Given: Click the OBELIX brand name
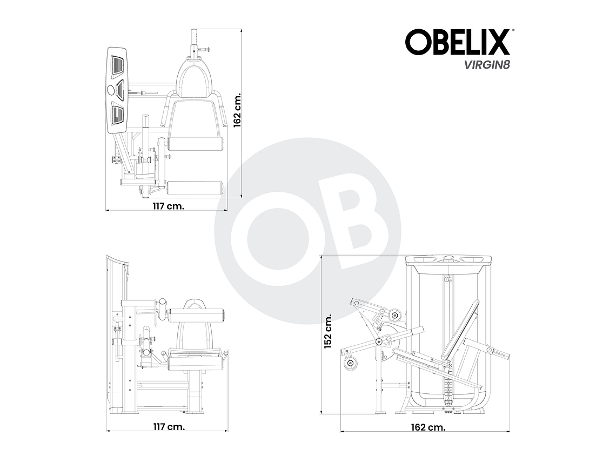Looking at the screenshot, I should click(x=457, y=43).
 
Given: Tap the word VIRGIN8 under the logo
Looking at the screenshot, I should click(x=485, y=65).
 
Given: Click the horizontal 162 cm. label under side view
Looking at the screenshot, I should click(x=428, y=427).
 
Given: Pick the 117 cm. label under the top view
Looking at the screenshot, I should click(x=168, y=205).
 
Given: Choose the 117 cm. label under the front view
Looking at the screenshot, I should click(x=168, y=426).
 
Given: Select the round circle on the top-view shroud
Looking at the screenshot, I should click(x=112, y=90).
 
